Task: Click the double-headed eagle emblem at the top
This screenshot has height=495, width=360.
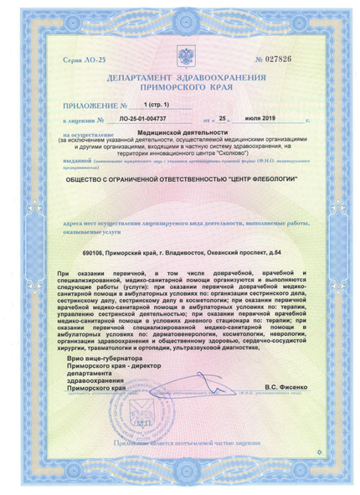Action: point(180,59)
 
